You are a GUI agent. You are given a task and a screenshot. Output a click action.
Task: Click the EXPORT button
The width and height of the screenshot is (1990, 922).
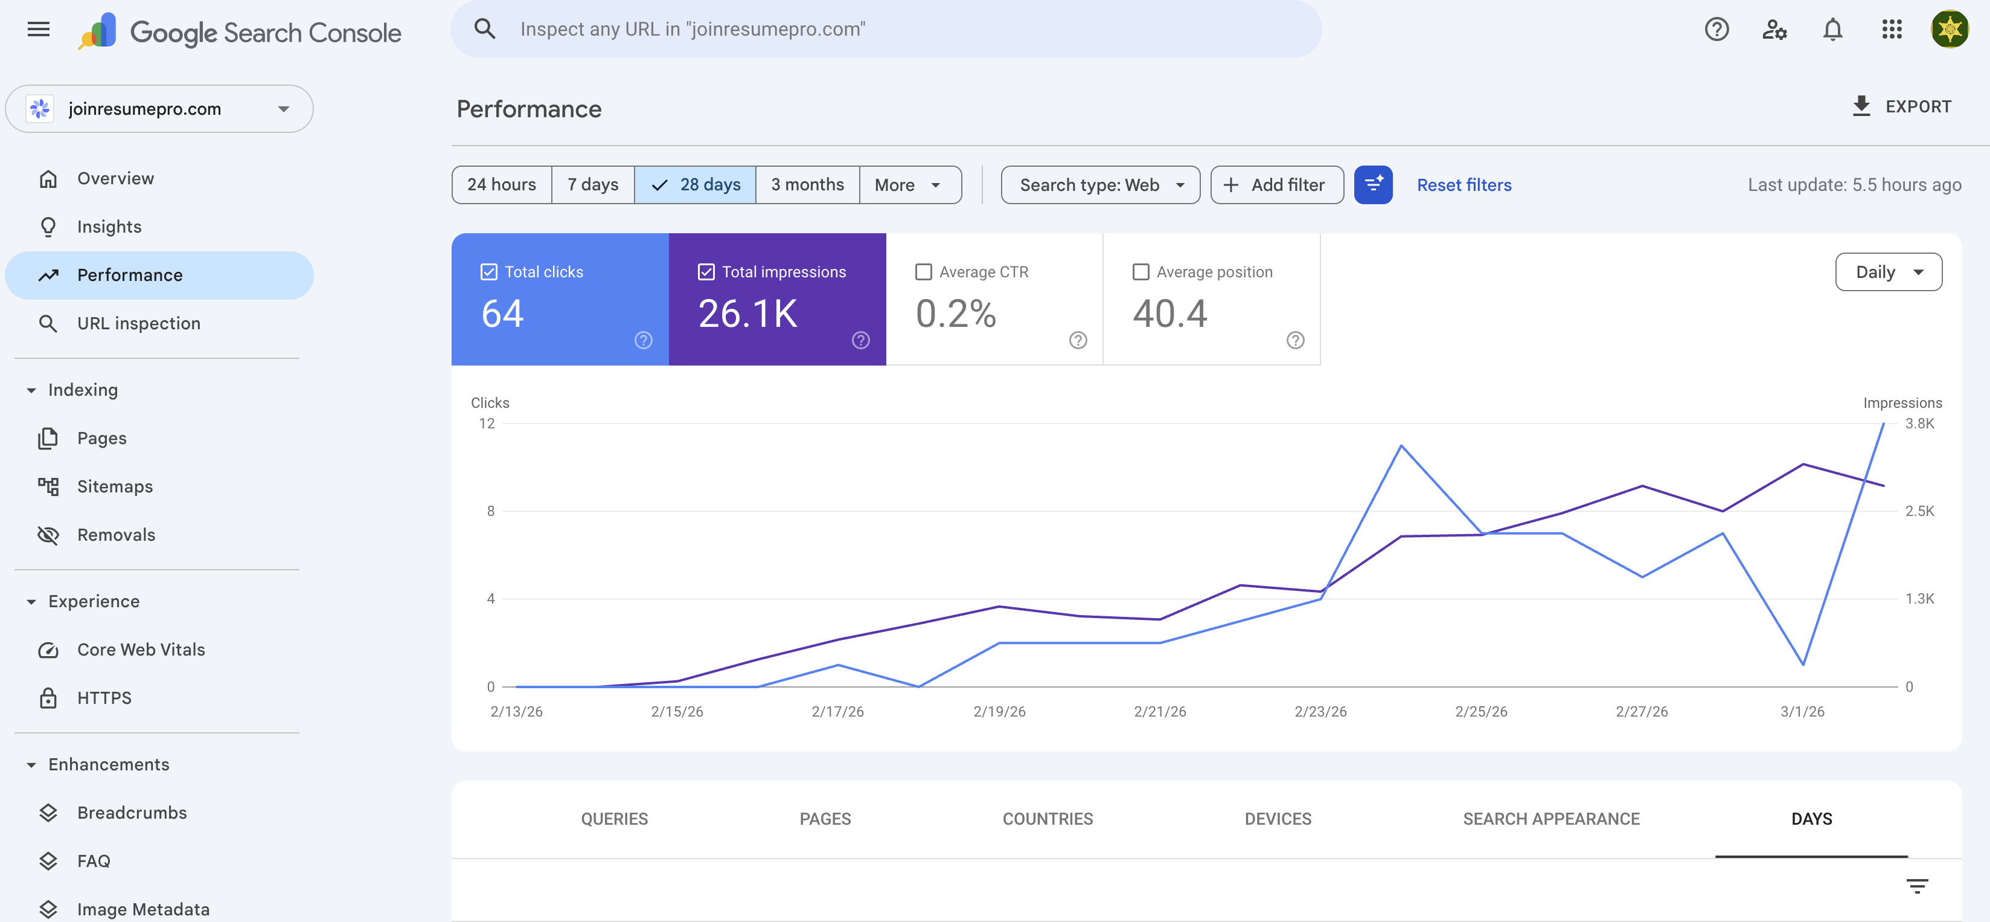[x=1902, y=107]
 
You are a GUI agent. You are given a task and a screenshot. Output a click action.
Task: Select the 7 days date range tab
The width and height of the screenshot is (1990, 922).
[x=592, y=185]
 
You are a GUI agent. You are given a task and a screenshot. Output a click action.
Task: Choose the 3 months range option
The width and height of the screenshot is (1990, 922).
[x=807, y=185]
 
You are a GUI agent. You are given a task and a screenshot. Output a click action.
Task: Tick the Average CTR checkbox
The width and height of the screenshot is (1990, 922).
[x=923, y=272]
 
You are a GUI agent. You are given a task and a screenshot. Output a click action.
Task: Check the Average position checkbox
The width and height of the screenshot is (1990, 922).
[x=1141, y=272]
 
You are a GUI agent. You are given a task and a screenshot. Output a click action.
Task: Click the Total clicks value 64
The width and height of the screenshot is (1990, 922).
[x=503, y=314]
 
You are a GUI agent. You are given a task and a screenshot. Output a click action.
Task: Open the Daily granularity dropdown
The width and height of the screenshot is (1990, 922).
[x=1888, y=272]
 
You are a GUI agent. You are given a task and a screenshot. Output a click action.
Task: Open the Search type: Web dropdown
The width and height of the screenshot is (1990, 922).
[x=1100, y=185]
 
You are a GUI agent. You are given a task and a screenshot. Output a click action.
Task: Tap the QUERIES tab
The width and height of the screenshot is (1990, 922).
[x=614, y=819]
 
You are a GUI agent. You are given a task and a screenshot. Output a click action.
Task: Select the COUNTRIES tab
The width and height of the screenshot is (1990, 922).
[x=1048, y=819]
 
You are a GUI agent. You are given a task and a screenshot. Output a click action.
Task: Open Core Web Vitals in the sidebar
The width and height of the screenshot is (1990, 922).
[x=141, y=649]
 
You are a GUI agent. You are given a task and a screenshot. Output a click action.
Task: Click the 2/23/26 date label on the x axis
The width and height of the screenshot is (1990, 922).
[x=1320, y=712]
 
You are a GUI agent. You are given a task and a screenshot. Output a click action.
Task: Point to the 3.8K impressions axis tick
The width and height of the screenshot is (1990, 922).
[x=1919, y=424]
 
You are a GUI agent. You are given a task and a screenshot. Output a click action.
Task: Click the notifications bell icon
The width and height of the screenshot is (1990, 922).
[x=1832, y=30]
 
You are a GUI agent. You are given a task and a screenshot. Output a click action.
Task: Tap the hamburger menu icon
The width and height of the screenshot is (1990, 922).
[x=39, y=30]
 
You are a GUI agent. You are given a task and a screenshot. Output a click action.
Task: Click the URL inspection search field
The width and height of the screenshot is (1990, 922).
[x=885, y=30]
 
